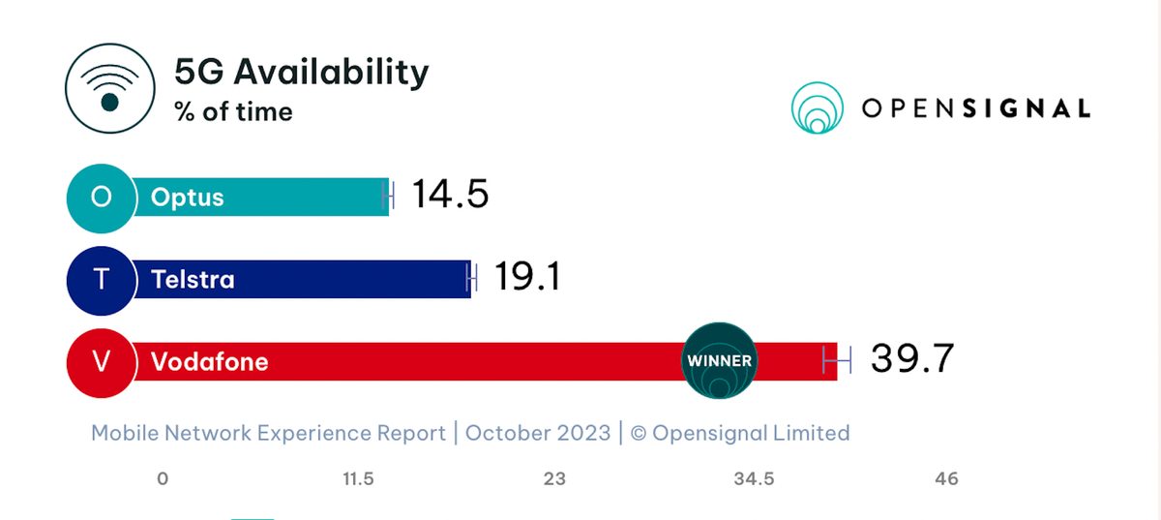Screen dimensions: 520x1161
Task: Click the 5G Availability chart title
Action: point(301,73)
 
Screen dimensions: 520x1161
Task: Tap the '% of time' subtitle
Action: point(233,112)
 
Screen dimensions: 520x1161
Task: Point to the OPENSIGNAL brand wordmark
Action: point(975,107)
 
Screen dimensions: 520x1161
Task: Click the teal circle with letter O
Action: point(101,198)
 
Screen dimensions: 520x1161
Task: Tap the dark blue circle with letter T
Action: point(101,280)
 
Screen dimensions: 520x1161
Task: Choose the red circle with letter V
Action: point(101,362)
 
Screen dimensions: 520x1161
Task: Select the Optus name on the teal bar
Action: point(188,198)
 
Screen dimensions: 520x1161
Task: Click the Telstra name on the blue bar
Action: point(193,280)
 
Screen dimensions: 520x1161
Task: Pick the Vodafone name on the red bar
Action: point(209,362)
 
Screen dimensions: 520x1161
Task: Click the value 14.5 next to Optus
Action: point(450,195)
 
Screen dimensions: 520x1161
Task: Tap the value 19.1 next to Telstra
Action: point(528,278)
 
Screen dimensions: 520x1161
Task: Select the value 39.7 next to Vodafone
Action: point(911,359)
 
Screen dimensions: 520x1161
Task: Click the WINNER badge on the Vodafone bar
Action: point(719,361)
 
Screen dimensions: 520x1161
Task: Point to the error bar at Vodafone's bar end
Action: point(837,360)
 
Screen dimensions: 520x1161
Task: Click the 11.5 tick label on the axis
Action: point(357,479)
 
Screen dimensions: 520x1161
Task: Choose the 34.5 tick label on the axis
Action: point(753,479)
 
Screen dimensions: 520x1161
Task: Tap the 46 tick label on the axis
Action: point(946,479)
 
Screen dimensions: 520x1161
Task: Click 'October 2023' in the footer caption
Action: point(538,433)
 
